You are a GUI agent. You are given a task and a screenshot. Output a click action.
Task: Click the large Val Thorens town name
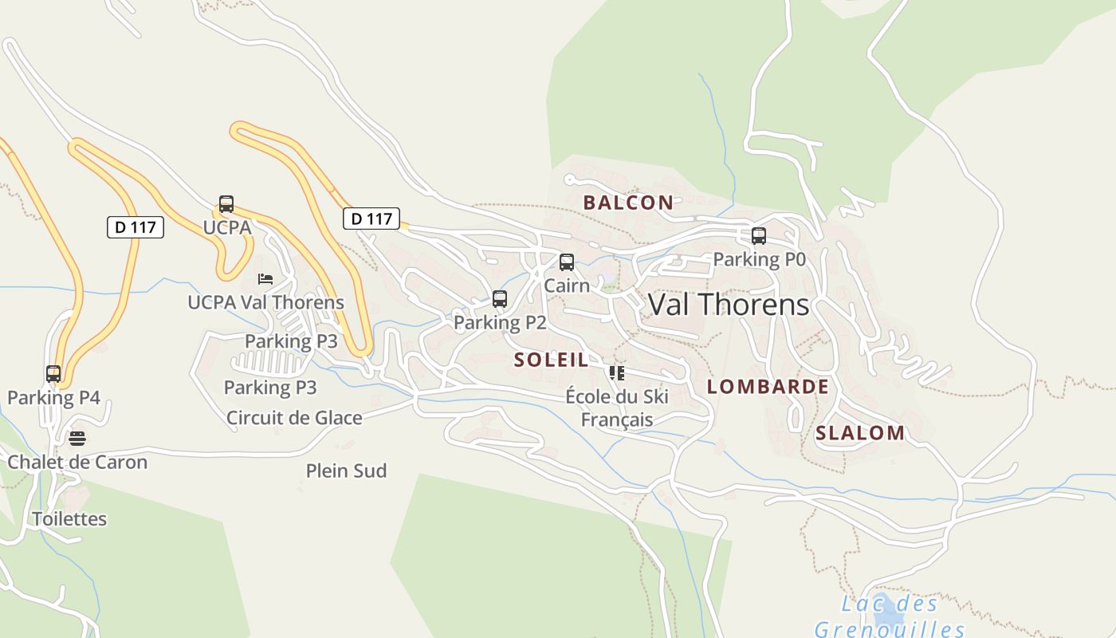click(x=729, y=305)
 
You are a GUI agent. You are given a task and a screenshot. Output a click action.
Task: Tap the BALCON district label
click(x=628, y=203)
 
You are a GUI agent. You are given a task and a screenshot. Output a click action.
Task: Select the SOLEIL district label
click(x=552, y=360)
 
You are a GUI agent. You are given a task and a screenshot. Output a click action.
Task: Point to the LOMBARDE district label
click(x=768, y=388)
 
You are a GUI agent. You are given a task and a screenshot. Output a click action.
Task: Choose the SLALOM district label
click(x=860, y=434)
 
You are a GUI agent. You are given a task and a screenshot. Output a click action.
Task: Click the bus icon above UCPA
click(x=226, y=204)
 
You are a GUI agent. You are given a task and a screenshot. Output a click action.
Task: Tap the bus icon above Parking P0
click(x=759, y=236)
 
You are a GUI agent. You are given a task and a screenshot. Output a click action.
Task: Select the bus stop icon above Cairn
click(x=567, y=262)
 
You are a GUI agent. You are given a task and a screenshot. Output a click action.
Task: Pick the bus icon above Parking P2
click(x=500, y=299)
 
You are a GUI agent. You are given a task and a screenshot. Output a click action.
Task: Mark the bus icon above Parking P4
click(x=53, y=374)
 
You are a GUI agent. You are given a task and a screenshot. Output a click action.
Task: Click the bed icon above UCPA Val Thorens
click(x=265, y=279)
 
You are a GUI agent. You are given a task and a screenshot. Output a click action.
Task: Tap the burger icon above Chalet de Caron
click(x=77, y=439)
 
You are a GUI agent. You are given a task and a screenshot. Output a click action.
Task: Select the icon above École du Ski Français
click(x=616, y=372)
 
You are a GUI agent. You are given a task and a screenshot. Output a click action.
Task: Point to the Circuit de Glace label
click(x=294, y=418)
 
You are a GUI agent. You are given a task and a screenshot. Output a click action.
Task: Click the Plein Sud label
click(x=347, y=471)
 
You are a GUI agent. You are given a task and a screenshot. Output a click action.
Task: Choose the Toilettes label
click(x=69, y=519)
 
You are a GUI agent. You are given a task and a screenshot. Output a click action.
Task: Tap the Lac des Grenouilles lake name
click(x=890, y=616)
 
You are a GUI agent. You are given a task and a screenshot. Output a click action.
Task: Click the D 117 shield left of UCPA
click(x=136, y=227)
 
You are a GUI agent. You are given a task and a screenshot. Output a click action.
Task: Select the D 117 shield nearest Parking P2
click(x=371, y=218)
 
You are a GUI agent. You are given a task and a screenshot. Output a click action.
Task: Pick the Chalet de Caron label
click(x=77, y=463)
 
